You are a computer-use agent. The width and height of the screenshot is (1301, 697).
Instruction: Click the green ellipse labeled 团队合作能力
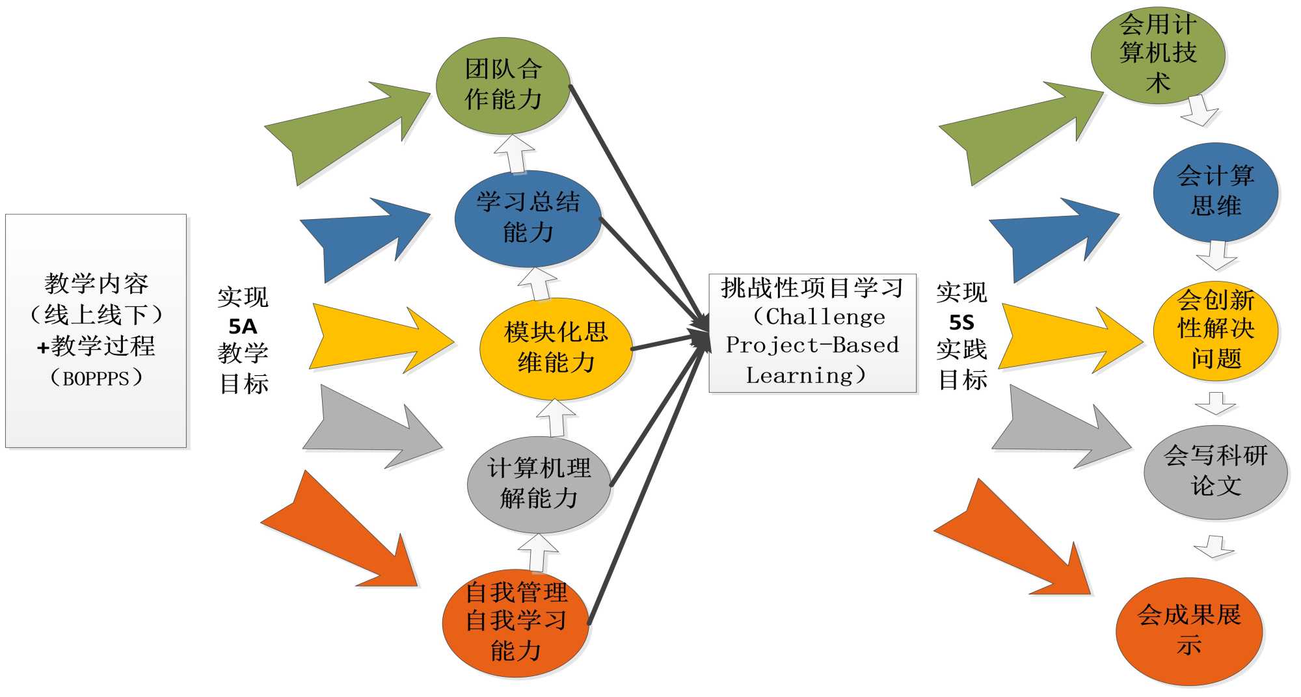point(503,86)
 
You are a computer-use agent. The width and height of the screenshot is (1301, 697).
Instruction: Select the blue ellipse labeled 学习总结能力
point(528,218)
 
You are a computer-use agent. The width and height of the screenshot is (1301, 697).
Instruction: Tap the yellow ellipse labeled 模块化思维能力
point(556,348)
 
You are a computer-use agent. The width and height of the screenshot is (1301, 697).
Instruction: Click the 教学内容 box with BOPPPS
point(96,330)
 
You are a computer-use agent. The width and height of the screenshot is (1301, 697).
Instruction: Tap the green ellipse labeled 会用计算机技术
point(1158,55)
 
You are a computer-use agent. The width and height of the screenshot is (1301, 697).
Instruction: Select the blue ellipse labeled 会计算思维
point(1215,192)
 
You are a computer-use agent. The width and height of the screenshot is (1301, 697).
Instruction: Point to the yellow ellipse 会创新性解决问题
point(1215,330)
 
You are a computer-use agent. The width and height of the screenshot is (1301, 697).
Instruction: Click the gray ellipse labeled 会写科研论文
point(1215,472)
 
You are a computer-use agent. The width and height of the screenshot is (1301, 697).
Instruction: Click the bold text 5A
point(243,326)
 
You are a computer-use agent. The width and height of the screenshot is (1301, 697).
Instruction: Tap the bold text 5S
point(961,322)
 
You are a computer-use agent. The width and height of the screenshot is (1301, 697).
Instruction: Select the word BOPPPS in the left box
point(96,378)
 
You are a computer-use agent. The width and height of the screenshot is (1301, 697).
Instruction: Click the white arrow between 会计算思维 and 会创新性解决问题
point(1216,255)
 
